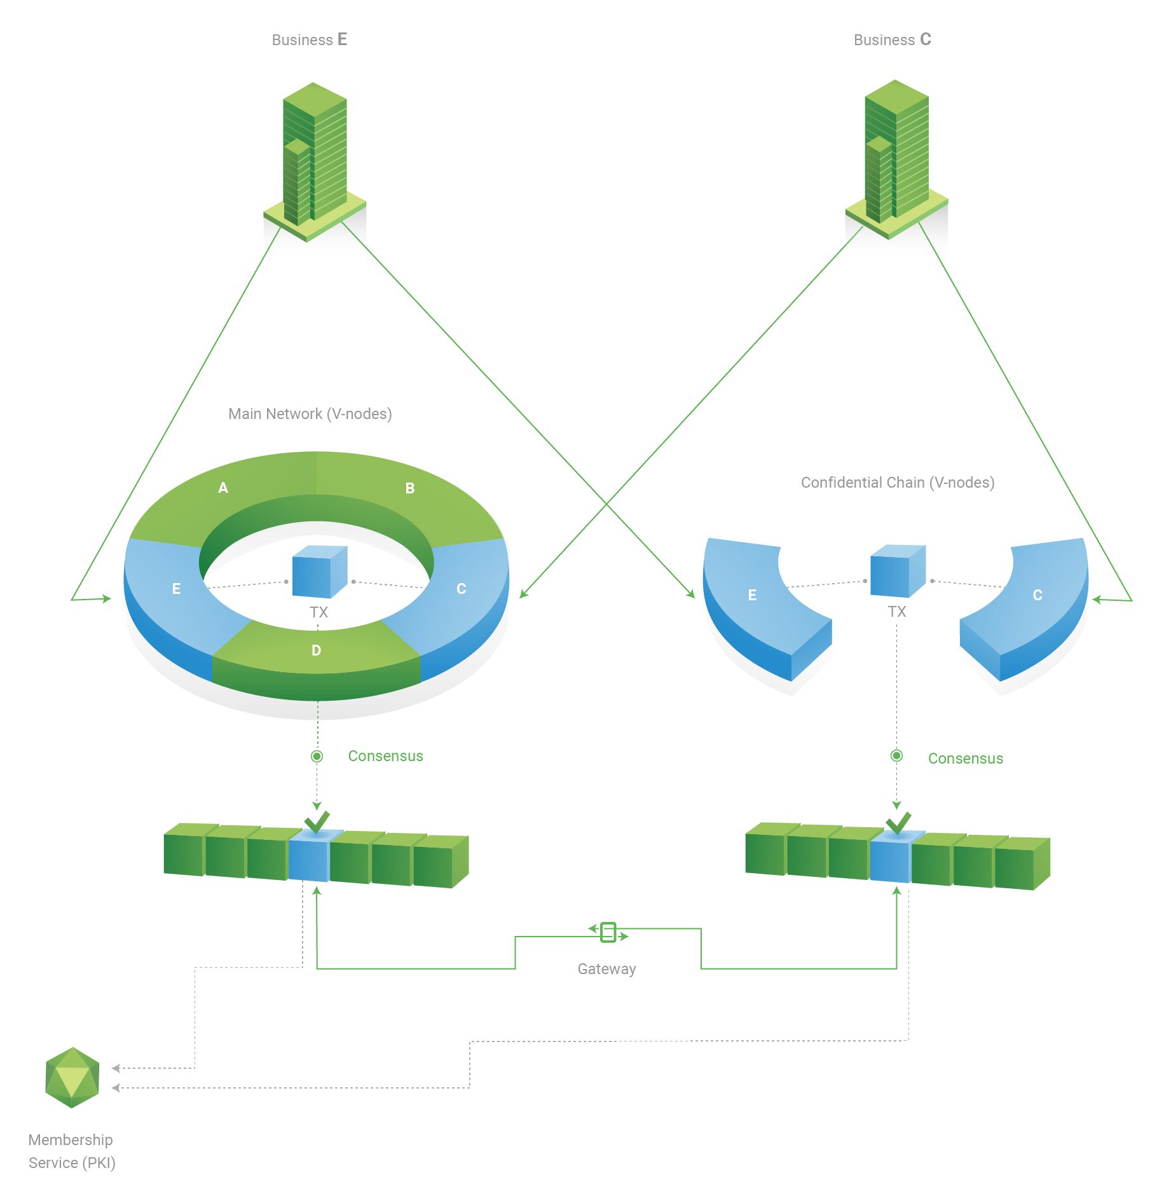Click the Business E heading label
[310, 39]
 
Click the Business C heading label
[892, 39]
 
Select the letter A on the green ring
[223, 488]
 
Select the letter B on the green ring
[410, 488]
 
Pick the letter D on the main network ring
[316, 650]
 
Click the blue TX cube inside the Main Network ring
[320, 572]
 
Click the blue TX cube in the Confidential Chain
[898, 571]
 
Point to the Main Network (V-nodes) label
[310, 414]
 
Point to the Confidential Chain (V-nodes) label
[898, 483]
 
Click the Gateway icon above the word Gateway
[608, 932]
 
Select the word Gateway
[606, 969]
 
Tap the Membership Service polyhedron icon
[72, 1078]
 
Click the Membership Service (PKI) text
[72, 1151]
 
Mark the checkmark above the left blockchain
[317, 821]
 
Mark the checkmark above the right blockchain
[898, 823]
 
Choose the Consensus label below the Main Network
[385, 756]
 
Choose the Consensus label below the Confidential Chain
[966, 759]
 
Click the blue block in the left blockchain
[309, 856]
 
